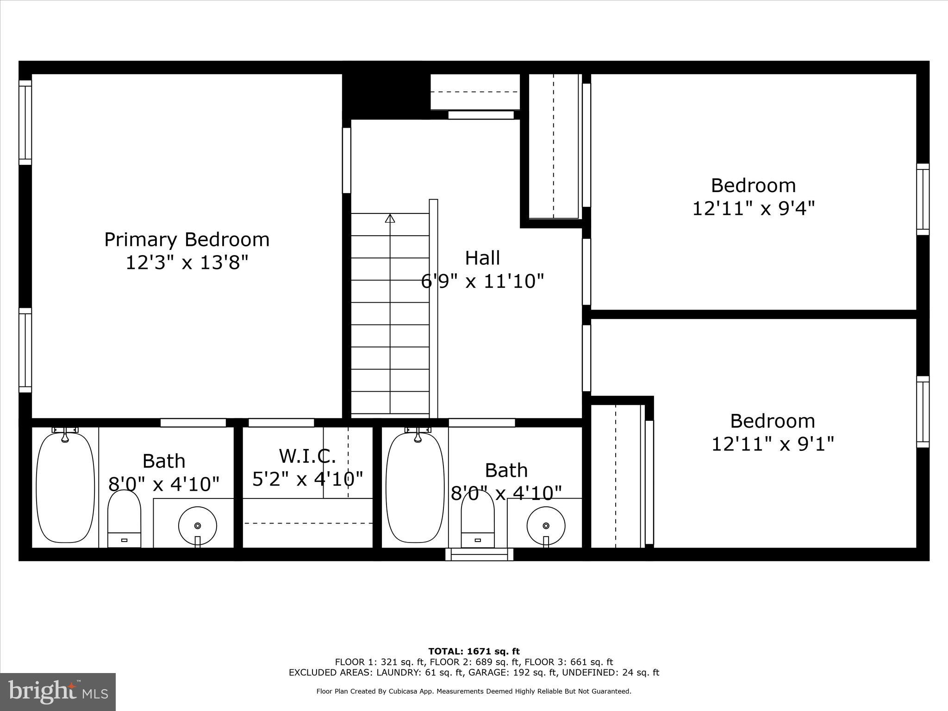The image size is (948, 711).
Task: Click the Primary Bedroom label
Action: tap(187, 240)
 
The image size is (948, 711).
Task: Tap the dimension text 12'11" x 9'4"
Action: tap(753, 208)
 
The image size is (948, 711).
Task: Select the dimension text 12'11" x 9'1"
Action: tap(772, 444)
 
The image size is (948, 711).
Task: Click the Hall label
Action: tap(482, 258)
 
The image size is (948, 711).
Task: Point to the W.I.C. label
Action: tap(307, 456)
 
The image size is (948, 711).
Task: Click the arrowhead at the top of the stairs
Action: tap(390, 218)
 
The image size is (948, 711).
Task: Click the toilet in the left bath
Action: tap(124, 518)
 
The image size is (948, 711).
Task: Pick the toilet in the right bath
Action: tap(478, 518)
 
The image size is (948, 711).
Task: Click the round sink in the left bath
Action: tap(198, 525)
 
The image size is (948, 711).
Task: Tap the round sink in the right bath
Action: tap(546, 525)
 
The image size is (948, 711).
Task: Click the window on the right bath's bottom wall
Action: tap(479, 554)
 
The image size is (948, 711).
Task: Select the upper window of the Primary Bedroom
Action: tap(25, 123)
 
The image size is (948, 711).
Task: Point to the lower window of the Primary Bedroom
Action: tap(25, 350)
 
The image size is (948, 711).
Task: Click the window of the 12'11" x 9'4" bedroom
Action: tap(923, 200)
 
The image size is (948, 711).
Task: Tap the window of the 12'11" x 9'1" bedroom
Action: tap(923, 412)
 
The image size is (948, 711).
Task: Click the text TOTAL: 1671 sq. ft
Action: tap(474, 652)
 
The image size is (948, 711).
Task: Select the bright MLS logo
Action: tap(58, 692)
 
